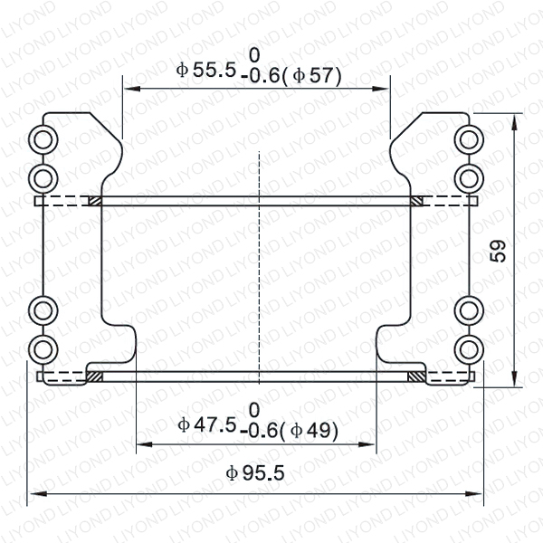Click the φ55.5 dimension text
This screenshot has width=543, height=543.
coord(206,70)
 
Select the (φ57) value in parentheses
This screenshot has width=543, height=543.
coord(312,76)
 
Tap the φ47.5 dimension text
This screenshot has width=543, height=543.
coord(207,424)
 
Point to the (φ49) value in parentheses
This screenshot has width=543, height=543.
coord(309,431)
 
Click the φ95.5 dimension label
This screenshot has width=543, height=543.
coord(255,473)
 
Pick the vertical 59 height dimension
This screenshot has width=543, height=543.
coord(498,251)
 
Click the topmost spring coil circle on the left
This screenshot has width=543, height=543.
coord(43,139)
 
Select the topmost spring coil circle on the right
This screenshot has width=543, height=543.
coord(469,139)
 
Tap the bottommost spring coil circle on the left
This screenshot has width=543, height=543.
coord(43,349)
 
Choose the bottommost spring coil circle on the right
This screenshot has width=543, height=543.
coord(469,349)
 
